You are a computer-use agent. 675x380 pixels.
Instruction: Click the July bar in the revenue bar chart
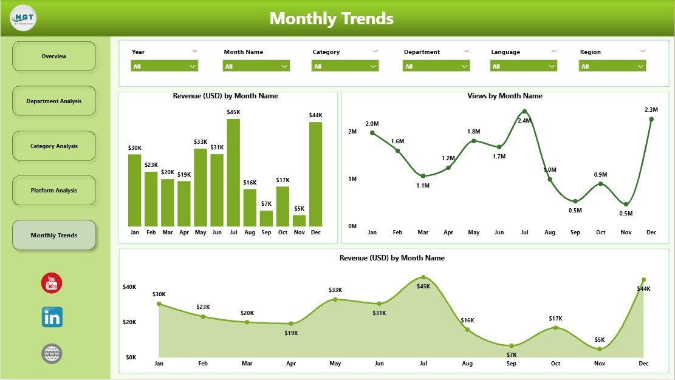pos(233,173)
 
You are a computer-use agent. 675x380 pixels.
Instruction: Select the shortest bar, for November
pos(299,221)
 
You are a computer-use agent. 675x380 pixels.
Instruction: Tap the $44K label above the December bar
pos(315,115)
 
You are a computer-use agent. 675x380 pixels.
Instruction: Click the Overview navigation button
pos(54,56)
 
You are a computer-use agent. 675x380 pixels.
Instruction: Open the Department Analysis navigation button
pos(54,101)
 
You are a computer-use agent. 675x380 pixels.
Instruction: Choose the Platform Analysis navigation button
pos(54,191)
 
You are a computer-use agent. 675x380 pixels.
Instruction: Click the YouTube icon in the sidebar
pos(52,283)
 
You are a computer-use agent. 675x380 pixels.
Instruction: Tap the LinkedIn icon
pos(52,317)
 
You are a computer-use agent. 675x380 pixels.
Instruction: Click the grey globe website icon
pos(52,353)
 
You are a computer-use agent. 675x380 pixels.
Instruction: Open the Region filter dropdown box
pos(612,66)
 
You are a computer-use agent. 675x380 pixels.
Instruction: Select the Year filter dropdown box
pos(165,66)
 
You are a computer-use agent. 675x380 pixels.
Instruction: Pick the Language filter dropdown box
pos(524,66)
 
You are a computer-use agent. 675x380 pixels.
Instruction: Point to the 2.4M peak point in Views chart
pos(524,112)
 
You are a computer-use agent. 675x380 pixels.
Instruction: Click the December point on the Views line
pos(651,119)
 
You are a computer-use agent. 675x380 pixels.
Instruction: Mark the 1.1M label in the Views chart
pos(423,186)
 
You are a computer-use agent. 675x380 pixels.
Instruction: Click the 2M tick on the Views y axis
pos(352,132)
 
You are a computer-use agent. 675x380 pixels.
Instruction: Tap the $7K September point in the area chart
pos(512,345)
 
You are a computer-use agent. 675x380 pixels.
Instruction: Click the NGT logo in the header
pos(23,18)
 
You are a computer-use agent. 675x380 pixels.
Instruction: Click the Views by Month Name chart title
pos(505,96)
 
